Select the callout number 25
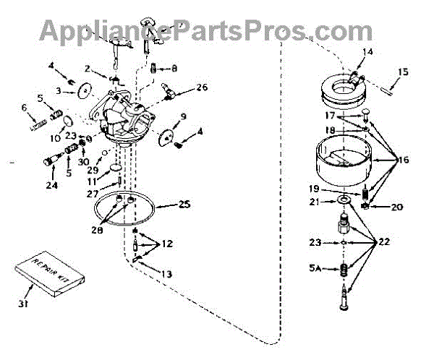point(184,205)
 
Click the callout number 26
point(202,88)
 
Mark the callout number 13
point(168,274)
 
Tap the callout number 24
point(52,183)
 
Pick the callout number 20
point(396,207)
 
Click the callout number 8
point(173,68)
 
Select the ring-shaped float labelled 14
point(341,84)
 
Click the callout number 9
point(184,116)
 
